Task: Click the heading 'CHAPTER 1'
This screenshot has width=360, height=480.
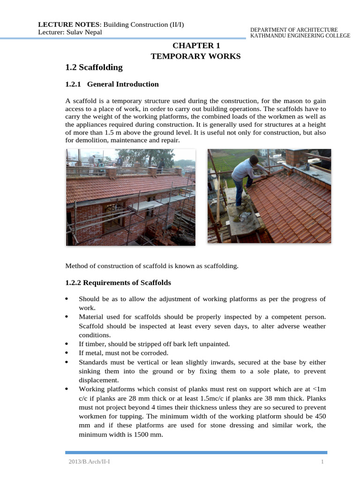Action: [x=196, y=45]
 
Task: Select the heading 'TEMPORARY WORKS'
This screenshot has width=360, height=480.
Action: [x=195, y=56]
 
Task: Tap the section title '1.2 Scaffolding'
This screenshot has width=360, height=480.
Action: [x=94, y=67]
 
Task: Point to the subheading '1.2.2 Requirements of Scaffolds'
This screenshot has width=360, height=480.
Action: [x=118, y=283]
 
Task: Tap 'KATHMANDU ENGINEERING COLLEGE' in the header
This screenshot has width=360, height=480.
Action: [x=300, y=36]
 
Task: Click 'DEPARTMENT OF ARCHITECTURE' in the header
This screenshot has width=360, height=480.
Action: [x=294, y=30]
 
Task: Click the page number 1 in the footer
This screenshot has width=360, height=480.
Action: [x=322, y=463]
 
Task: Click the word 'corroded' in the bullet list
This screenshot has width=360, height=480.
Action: [x=155, y=353]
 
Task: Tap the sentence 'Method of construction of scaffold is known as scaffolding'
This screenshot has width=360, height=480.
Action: [x=152, y=266]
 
